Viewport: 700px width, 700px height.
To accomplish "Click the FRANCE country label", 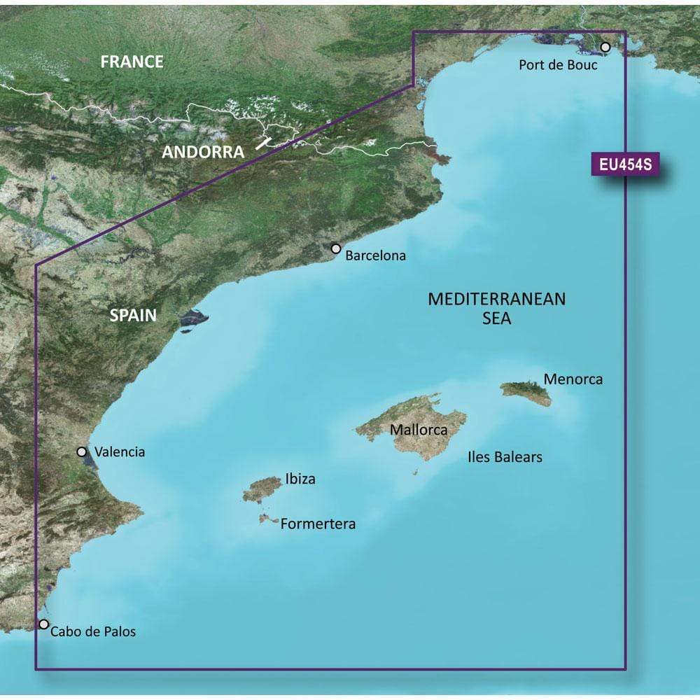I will (x=132, y=62).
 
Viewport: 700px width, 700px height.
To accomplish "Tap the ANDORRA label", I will (x=204, y=151).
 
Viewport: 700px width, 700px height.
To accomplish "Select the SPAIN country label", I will (x=133, y=315).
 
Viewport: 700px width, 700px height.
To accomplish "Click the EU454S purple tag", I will (x=625, y=166).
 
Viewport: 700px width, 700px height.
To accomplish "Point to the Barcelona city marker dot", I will (x=336, y=248).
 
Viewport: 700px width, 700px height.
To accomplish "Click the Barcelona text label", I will (x=376, y=255).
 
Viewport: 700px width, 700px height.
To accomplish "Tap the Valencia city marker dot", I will (x=82, y=452).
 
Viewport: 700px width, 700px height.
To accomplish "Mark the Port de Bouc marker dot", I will (x=605, y=47).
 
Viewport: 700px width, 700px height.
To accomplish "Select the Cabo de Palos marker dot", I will (x=44, y=624).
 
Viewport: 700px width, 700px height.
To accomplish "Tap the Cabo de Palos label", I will (x=93, y=631).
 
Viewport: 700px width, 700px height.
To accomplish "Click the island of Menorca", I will (x=526, y=392).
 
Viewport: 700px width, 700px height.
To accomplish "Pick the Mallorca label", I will (x=419, y=430).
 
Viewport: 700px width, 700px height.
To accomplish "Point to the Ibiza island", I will (x=260, y=489).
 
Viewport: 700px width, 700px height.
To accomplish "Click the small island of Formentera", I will (x=266, y=519).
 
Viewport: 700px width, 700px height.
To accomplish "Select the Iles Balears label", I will (x=505, y=457).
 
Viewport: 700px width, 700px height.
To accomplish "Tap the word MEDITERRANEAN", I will (x=496, y=300).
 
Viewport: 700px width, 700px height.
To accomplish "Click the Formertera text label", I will (x=318, y=524).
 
